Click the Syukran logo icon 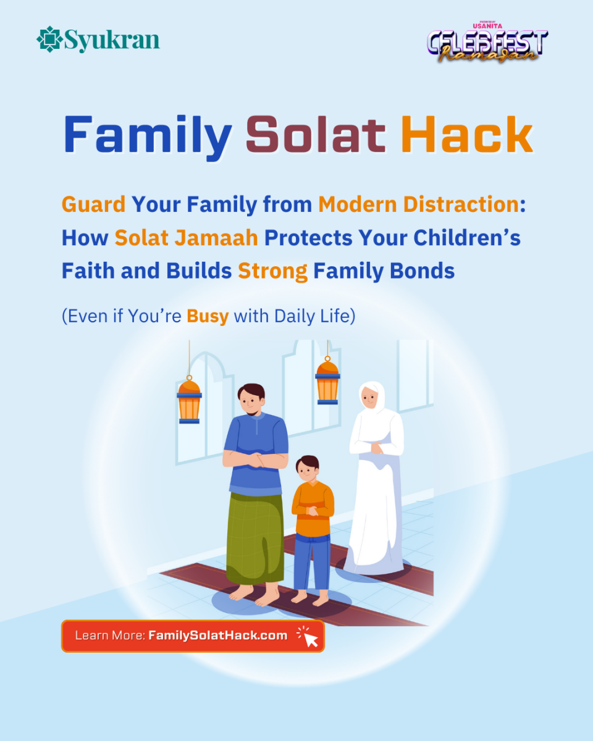click(48, 40)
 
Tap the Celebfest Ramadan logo click(487, 43)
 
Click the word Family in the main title click(148, 136)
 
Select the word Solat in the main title click(316, 136)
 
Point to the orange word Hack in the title click(466, 136)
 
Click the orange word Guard click(93, 204)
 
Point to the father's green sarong click(254, 537)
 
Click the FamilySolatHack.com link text click(217, 635)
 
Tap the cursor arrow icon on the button click(309, 637)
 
